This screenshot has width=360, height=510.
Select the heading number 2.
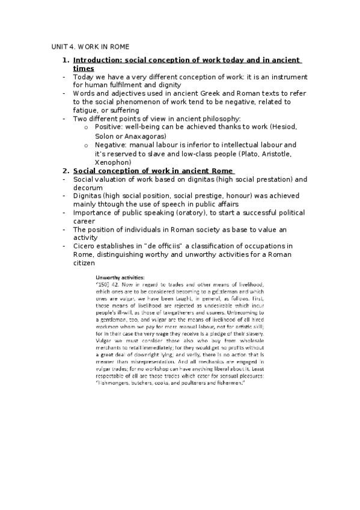coord(65,170)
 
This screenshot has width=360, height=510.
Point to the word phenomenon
coord(136,102)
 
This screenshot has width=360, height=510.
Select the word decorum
coord(90,188)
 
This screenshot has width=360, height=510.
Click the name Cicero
coord(85,246)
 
